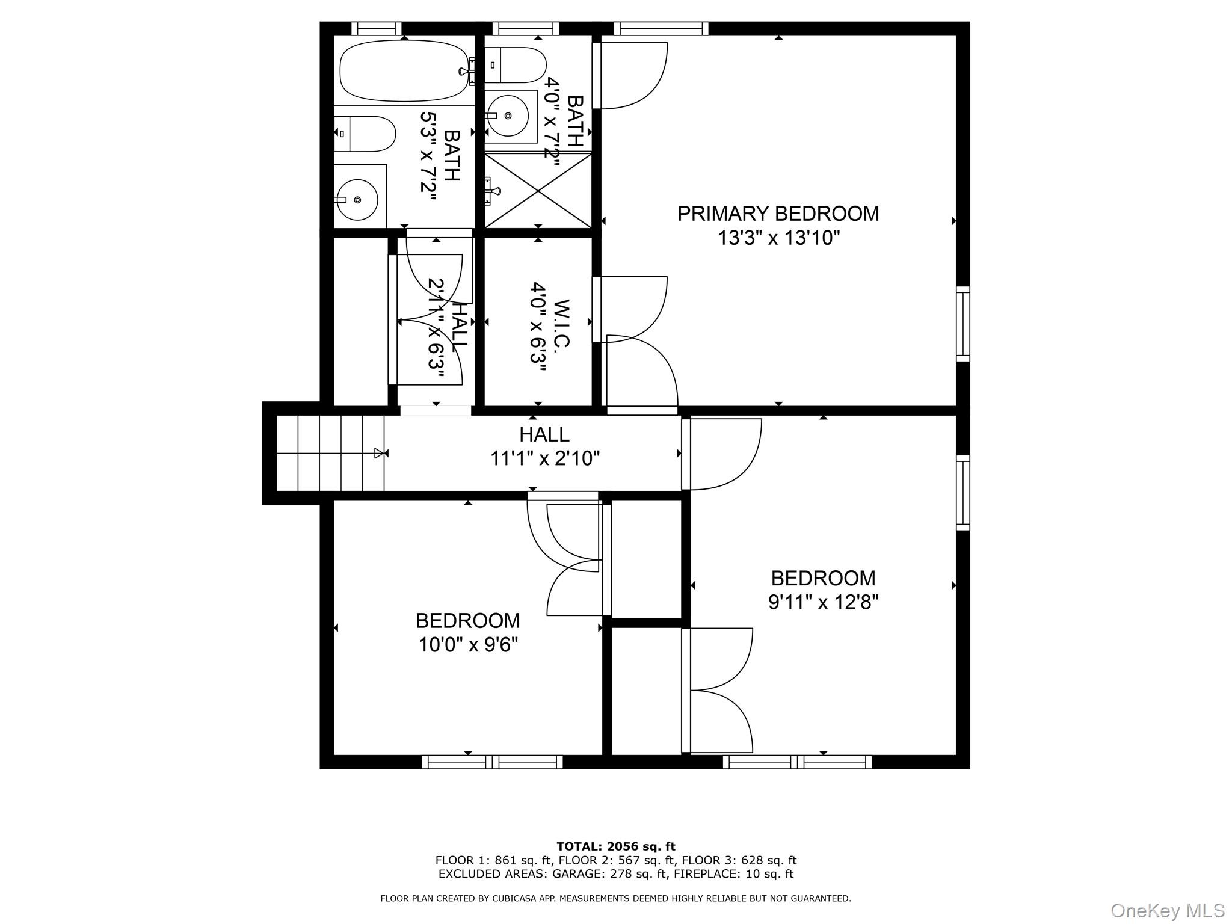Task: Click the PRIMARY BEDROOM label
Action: coord(778,214)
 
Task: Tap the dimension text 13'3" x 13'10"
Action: coord(778,238)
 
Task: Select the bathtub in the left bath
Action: coord(404,70)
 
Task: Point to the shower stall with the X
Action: coord(538,190)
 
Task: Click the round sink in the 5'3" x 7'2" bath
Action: coord(357,199)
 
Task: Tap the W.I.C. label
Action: coord(559,323)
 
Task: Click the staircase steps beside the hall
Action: coord(330,453)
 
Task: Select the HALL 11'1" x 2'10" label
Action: coord(544,446)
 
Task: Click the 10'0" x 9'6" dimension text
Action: coord(468,645)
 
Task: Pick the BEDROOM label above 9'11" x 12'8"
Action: coord(823,578)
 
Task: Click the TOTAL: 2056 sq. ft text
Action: coord(615,846)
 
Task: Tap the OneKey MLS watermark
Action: coord(1167,910)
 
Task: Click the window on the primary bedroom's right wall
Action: coord(962,324)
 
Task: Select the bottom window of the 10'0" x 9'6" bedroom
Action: coord(492,762)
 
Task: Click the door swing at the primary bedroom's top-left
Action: coord(632,75)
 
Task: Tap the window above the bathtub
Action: coord(376,28)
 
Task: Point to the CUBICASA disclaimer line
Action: coord(615,898)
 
